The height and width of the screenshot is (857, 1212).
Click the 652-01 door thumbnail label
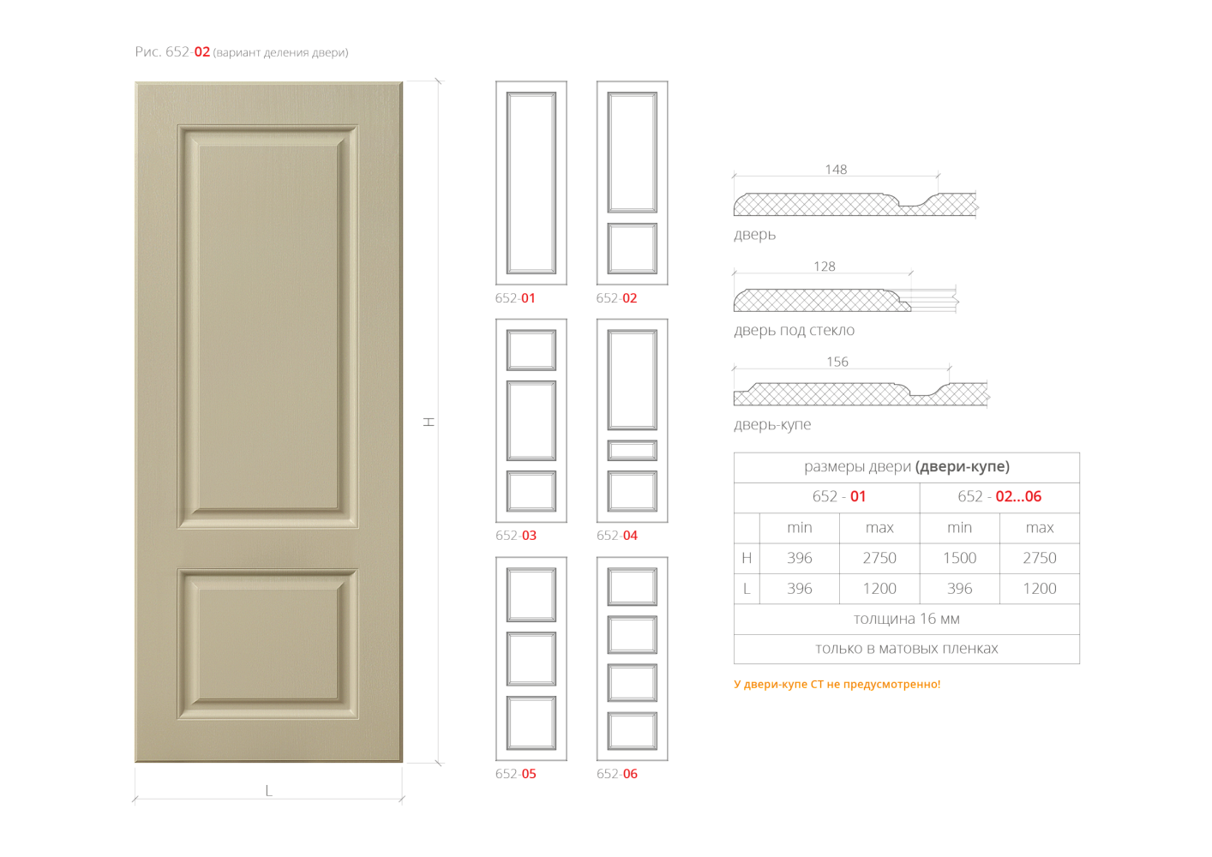click(515, 298)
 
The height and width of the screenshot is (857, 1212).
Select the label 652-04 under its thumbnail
click(617, 536)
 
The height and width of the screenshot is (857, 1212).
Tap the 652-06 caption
click(617, 774)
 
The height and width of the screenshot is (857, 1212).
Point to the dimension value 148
click(836, 170)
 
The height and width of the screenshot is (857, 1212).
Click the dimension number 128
click(825, 267)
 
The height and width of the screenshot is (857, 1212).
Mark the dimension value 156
click(837, 362)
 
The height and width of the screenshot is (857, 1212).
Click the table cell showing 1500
click(959, 558)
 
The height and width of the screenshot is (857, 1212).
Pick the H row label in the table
click(747, 558)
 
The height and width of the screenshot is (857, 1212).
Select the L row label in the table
click(747, 589)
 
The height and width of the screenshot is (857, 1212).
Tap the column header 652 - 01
click(838, 496)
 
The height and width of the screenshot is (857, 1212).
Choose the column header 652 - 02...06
click(999, 496)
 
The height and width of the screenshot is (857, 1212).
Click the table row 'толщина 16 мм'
click(906, 619)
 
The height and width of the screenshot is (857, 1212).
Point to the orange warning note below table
click(837, 684)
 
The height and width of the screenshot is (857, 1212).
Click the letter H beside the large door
click(429, 422)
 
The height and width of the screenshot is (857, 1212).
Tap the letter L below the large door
click(268, 790)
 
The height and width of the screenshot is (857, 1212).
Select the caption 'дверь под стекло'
click(794, 331)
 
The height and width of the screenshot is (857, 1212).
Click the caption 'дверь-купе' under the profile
click(772, 425)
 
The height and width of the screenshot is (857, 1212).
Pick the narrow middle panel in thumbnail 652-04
click(633, 451)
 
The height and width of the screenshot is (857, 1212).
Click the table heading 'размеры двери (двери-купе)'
click(906, 467)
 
